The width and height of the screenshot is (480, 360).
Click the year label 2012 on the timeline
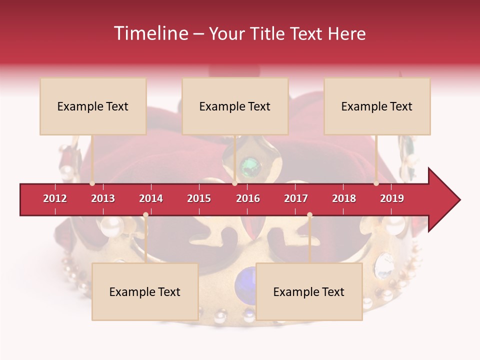coord(55,198)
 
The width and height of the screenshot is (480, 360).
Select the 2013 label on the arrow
coord(103,198)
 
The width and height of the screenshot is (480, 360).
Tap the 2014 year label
coord(151,198)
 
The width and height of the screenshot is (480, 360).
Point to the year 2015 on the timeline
coord(199,198)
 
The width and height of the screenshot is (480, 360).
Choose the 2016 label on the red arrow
coord(248,198)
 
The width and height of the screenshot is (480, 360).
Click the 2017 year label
coord(296,198)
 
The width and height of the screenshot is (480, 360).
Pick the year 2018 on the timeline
coord(344,198)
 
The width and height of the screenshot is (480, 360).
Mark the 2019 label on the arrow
coord(392,198)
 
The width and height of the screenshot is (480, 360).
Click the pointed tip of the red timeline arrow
coord(458,200)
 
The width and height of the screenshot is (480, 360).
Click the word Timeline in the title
coord(150,33)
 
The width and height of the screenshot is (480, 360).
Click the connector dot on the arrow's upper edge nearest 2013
coord(92,183)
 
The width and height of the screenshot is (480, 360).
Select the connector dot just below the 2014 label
coord(145,215)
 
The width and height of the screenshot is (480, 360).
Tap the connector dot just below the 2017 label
coord(309,215)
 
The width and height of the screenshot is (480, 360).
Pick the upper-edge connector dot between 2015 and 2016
coord(234,183)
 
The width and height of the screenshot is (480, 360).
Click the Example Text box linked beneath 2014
coord(145,291)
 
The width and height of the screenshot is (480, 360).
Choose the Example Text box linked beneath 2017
coord(309,291)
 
